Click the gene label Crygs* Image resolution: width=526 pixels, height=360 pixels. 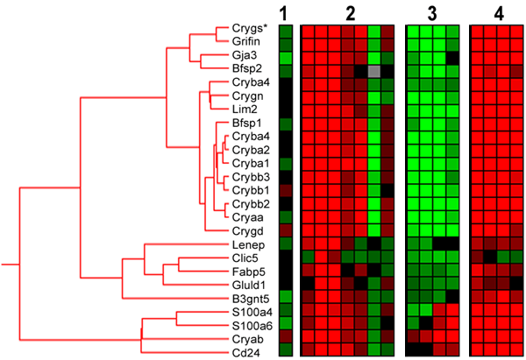pos(250,29)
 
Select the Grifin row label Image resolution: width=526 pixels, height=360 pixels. pos(245,41)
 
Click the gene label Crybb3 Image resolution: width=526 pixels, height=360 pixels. pos(251,177)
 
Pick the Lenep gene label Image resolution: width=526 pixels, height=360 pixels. pos(248,245)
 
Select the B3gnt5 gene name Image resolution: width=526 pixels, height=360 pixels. pos(251,299)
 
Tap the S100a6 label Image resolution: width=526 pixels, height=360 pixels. pos(252,326)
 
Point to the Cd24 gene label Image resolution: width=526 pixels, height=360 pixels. pos(245,353)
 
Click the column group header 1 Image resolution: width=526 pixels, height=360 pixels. pos(284,14)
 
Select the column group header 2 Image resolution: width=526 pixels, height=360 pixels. pos(350,14)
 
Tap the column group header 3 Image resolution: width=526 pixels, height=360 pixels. pos(432,14)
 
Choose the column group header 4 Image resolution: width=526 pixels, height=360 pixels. pos(499,14)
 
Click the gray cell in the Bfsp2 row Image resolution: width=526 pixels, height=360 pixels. pos(374,71)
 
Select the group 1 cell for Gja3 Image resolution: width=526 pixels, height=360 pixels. pos(286,58)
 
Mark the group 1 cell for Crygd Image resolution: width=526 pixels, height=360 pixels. pos(286,230)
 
